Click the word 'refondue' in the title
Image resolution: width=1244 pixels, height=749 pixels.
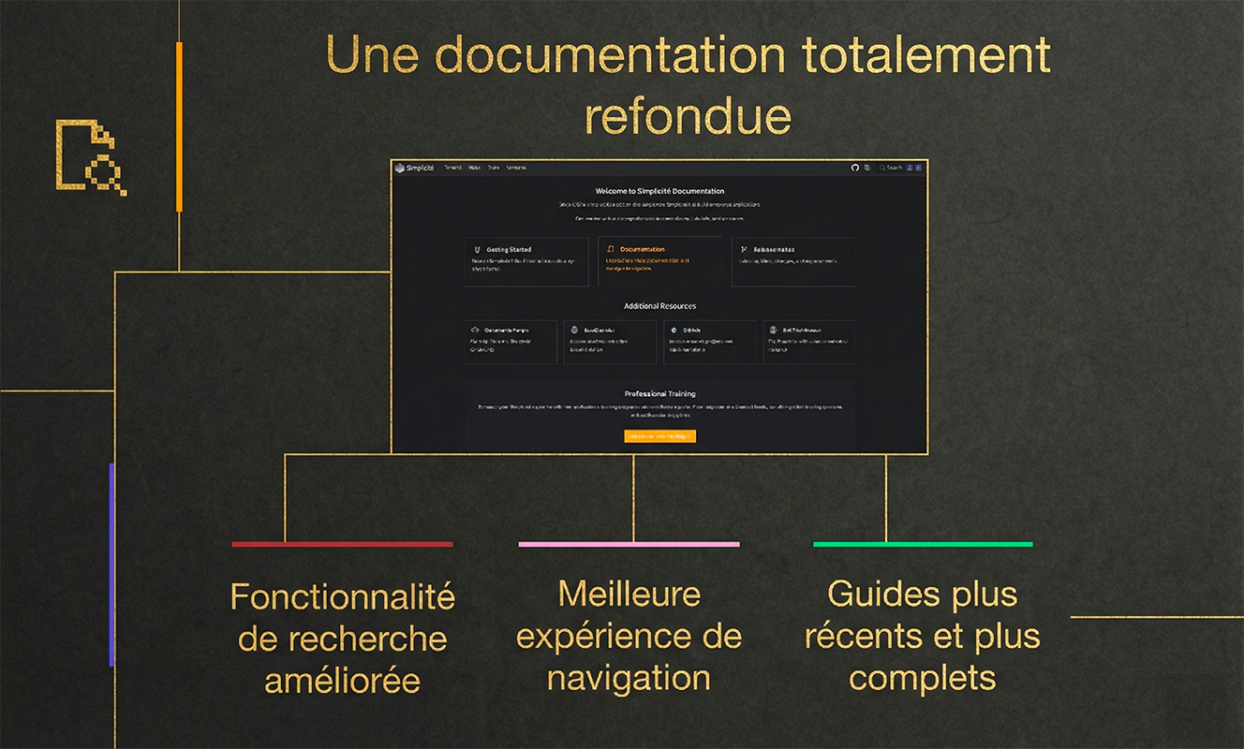(x=688, y=116)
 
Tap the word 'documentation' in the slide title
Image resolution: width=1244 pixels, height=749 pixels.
(x=610, y=56)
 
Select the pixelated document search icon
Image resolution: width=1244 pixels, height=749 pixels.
(x=90, y=157)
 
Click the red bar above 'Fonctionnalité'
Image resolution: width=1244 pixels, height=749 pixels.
(x=342, y=544)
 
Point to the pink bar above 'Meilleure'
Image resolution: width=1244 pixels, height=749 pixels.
(x=629, y=544)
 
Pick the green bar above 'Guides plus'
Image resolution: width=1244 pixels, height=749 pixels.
(x=923, y=544)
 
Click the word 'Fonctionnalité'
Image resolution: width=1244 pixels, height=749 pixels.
(x=342, y=596)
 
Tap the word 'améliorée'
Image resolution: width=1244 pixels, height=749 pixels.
(x=342, y=681)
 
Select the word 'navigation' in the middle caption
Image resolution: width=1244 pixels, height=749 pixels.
(x=629, y=679)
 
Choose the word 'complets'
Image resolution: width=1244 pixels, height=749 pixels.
(x=922, y=679)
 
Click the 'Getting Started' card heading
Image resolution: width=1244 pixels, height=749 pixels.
(x=509, y=250)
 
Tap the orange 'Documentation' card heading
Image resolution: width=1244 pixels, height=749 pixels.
(x=643, y=250)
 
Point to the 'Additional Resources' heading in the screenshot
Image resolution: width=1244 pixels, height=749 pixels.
(x=659, y=306)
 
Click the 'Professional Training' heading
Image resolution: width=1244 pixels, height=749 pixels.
(x=659, y=394)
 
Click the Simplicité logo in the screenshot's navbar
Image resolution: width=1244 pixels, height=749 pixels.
(x=414, y=168)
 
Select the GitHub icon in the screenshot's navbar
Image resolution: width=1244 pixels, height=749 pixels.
(x=854, y=168)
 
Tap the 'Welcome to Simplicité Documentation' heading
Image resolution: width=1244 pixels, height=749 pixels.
(x=659, y=191)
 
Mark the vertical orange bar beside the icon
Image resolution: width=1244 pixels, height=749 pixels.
(x=179, y=126)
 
